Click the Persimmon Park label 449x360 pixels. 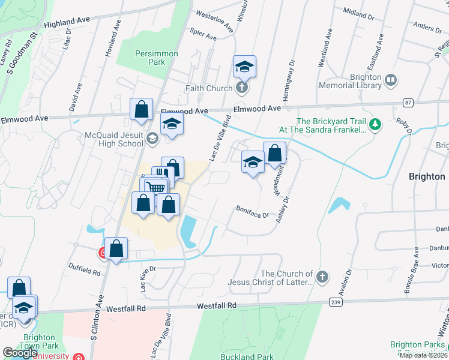[x=156, y=58]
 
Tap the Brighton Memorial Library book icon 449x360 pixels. [x=391, y=80]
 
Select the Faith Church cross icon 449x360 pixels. [x=242, y=89]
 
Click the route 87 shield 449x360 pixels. [x=408, y=103]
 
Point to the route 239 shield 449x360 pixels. [x=336, y=302]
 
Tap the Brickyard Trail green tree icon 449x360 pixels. [x=376, y=125]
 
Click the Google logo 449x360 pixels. [x=20, y=353]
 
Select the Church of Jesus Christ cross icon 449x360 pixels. [x=322, y=277]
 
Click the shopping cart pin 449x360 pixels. [x=155, y=188]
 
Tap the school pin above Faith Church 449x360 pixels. [x=244, y=67]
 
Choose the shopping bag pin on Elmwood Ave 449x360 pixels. [x=142, y=110]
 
